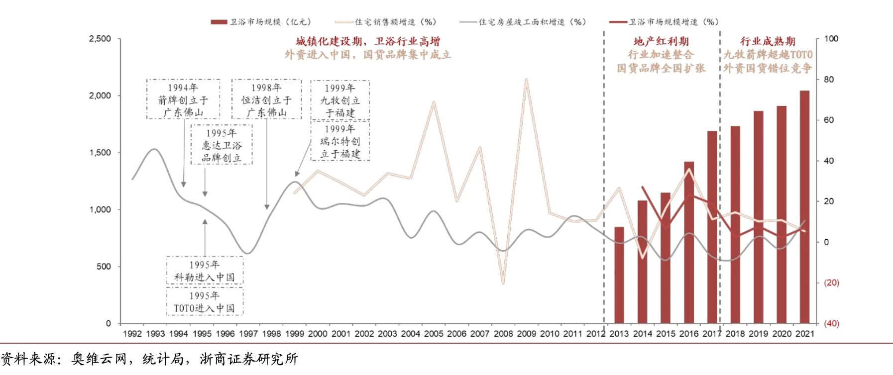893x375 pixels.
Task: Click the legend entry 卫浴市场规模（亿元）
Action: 261,22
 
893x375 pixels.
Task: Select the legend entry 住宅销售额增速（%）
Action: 386,22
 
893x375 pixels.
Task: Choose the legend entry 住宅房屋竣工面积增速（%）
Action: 524,22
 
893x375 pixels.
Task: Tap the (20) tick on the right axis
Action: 831,282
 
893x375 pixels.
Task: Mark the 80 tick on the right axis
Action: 828,80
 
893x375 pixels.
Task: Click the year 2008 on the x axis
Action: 503,334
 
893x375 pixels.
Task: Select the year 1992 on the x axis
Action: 132,334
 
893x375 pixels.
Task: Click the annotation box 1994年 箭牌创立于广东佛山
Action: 183,99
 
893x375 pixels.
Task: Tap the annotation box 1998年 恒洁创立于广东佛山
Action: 266,99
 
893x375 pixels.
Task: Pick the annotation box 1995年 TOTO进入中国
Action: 205,302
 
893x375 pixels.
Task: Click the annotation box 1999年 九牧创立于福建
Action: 340,100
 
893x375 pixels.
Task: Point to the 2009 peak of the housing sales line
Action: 526,80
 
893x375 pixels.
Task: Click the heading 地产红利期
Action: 661,41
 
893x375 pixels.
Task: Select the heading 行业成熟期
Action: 768,41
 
